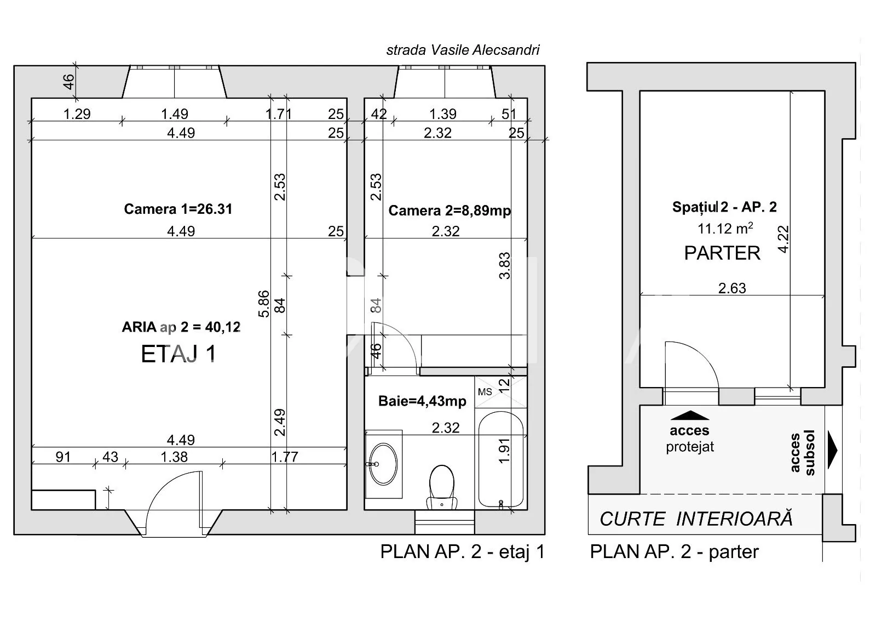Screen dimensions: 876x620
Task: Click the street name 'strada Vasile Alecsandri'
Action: click(463, 50)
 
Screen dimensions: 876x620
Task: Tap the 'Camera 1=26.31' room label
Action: click(178, 209)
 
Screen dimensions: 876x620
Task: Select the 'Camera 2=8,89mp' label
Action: click(449, 211)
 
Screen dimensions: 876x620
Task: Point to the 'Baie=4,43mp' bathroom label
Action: click(422, 401)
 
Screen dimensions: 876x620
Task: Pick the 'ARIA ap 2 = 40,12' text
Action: click(181, 327)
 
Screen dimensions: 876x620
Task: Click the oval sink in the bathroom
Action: click(383, 464)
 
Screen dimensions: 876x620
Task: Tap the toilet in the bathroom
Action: click(442, 488)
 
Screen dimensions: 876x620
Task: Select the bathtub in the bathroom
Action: click(501, 459)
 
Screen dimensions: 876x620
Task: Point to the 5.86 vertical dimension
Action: click(264, 304)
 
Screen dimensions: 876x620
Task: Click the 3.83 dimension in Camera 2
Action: click(504, 265)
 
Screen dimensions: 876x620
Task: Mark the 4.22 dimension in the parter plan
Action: click(783, 240)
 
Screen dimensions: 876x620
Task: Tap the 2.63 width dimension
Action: click(732, 288)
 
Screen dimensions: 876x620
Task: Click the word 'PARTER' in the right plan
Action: click(722, 253)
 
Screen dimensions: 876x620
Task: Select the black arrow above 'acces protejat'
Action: click(690, 415)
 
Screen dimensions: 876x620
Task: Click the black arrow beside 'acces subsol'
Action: click(833, 450)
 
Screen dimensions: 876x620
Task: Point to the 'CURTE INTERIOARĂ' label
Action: click(696, 519)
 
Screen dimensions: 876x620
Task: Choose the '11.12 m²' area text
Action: click(725, 229)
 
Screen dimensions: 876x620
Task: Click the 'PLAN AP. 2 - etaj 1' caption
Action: click(463, 552)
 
